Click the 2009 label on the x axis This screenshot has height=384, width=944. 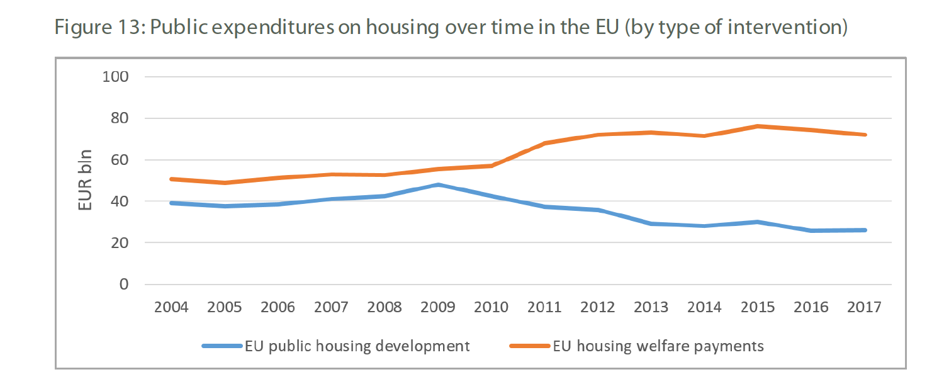(438, 308)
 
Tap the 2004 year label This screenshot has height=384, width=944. (171, 308)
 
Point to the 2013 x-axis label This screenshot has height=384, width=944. (651, 308)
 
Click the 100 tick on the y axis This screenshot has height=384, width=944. (115, 77)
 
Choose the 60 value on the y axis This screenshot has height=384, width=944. (119, 160)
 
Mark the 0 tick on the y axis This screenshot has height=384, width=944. (123, 285)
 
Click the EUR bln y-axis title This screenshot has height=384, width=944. (85, 181)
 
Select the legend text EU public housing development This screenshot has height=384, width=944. (357, 346)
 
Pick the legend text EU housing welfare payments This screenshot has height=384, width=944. (658, 346)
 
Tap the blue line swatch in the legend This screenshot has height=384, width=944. (222, 346)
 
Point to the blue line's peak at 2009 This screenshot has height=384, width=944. (438, 185)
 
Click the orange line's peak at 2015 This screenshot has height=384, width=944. (758, 127)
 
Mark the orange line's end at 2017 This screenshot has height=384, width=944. (865, 135)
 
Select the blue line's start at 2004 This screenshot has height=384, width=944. (171, 203)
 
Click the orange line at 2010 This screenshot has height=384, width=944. (492, 166)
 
